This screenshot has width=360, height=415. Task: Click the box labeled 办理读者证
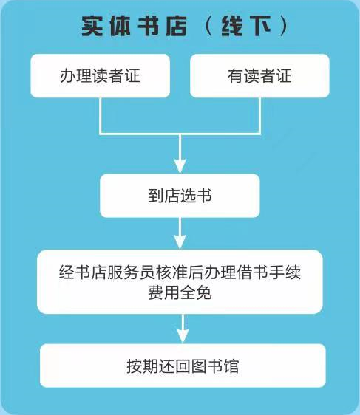pos(100,76)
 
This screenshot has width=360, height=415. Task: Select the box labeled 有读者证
pos(259,76)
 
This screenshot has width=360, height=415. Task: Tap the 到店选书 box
pos(180,196)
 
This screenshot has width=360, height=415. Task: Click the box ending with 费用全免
pos(180,281)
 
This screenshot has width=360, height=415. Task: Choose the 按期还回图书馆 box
pos(183,366)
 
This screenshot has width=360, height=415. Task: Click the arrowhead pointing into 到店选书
pos(180,166)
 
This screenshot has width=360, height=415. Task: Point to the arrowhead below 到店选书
pos(180,242)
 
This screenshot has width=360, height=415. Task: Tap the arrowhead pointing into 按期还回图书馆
pos(183,336)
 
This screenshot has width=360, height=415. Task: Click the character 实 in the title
pos(92,26)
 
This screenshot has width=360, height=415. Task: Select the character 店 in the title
pos(176,26)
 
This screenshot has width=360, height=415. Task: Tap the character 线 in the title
pos(232,26)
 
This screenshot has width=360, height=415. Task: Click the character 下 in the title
pos(260,26)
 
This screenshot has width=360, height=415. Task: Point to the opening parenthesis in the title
pos(208,26)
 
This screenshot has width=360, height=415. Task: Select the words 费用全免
pos(180,292)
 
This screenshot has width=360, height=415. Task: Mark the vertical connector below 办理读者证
pos(101,116)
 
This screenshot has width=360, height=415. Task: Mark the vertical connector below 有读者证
pos(259,116)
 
